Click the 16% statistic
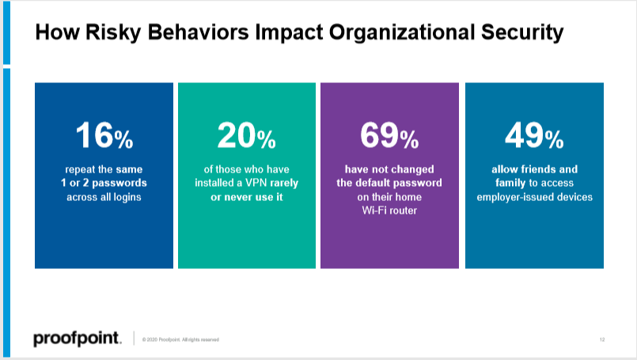point(104,137)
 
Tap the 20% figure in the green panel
point(246,137)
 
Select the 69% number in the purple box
point(389,137)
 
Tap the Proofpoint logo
point(77,339)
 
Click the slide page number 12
point(602,339)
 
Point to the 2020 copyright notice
point(180,339)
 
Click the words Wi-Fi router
point(389,211)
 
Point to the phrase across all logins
point(104,197)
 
